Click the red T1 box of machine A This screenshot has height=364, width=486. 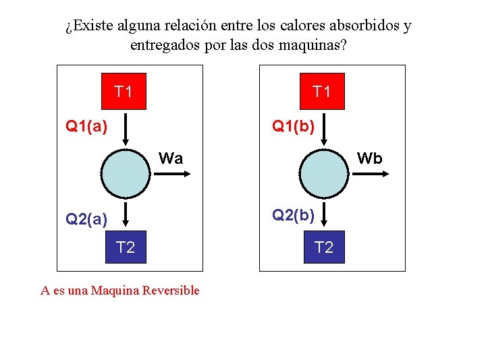tap(124, 91)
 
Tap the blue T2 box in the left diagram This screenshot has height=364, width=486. tap(126, 247)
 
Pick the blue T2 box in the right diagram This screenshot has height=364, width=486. tap(324, 247)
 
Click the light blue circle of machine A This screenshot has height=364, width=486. tap(126, 173)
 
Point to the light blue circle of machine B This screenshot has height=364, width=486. tap(324, 173)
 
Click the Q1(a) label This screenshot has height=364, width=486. tap(86, 125)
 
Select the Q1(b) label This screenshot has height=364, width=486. tap(293, 125)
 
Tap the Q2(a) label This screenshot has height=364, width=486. tap(86, 218)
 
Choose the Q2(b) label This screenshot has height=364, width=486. tap(293, 215)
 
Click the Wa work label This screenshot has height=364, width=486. tap(171, 158)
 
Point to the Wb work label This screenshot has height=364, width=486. tap(369, 158)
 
